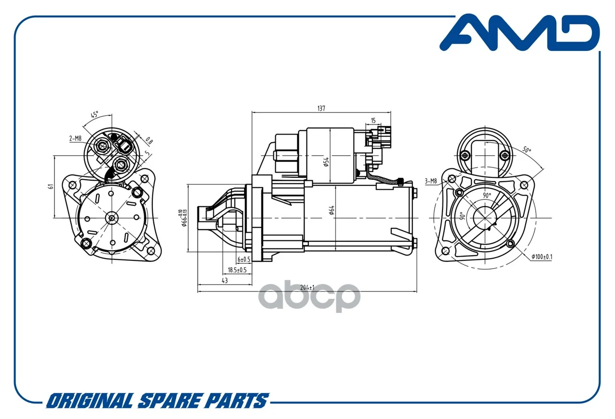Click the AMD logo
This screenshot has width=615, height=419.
point(519,33)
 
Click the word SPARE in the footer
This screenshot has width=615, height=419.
point(169,401)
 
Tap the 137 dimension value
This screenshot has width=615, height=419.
point(321,109)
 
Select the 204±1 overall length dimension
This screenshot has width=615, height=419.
point(307,287)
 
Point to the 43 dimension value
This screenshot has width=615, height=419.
point(224,281)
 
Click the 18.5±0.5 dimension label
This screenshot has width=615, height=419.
point(237,270)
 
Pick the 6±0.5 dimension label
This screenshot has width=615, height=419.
point(244,259)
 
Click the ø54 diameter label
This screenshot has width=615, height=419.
point(326,162)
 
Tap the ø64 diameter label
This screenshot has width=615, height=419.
point(332,210)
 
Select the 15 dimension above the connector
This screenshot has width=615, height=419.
point(373,121)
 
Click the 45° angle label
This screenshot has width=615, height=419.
point(95,114)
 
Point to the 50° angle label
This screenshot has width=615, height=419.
point(526,149)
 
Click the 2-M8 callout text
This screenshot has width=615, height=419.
point(75,138)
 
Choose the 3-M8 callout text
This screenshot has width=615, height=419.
point(430,181)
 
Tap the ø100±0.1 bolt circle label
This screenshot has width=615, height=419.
point(541,257)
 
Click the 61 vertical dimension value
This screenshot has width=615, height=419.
point(51,187)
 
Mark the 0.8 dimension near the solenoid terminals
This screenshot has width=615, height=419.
point(149,141)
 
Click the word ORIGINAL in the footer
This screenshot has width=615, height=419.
point(90,401)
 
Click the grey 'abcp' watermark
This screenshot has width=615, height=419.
point(309,296)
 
